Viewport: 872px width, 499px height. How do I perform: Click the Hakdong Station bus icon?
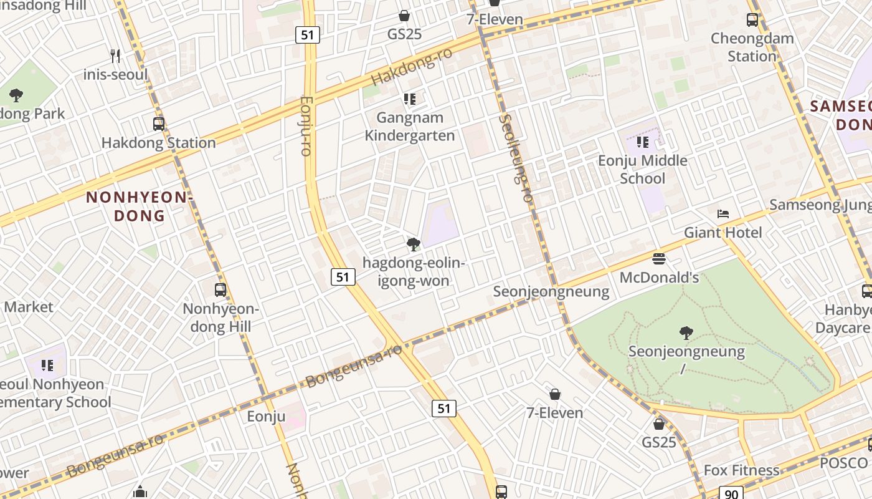pos(159,124)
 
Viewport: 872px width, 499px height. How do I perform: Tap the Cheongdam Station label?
pos(752,47)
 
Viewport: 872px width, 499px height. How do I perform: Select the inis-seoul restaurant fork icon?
pos(115,56)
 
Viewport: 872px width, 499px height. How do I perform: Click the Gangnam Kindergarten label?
pos(409,127)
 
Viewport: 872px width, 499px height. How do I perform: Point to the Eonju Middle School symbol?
pos(643,142)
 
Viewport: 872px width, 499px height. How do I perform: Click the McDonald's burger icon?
pos(659,258)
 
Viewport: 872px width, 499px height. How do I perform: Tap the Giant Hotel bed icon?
pos(723,214)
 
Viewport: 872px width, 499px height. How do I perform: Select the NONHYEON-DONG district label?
pos(136,206)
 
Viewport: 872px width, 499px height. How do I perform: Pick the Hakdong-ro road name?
pos(411,67)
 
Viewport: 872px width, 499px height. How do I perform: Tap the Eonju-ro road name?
pos(305,125)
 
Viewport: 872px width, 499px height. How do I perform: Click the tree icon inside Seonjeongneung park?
pos(686,333)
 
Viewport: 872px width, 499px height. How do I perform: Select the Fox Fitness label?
pos(741,470)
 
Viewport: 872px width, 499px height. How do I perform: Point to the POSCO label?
pos(843,463)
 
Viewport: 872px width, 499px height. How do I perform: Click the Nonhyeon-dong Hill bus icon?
pos(220,289)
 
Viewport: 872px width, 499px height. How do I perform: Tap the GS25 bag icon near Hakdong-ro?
pos(404,16)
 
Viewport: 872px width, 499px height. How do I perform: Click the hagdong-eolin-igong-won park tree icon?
pos(412,244)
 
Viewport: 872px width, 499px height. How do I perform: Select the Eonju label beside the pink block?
pos(266,416)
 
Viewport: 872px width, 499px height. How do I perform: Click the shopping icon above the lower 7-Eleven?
pos(555,394)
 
